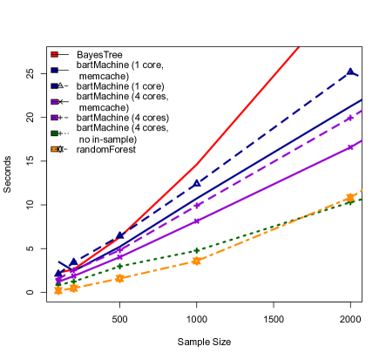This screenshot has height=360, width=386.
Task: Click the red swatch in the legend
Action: [x=54, y=54]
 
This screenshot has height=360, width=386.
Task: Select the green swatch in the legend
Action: [x=54, y=133]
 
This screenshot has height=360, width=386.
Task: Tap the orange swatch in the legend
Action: [x=54, y=149]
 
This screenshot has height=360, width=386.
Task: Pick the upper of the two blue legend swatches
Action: [x=54, y=70]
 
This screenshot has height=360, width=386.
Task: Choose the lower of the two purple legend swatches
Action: [x=54, y=118]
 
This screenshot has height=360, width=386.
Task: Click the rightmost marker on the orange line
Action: [x=350, y=198]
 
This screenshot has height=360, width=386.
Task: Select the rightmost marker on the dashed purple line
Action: [x=350, y=117]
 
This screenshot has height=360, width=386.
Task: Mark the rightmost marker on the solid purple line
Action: [x=350, y=147]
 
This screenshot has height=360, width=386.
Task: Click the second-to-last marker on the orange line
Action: [x=197, y=261]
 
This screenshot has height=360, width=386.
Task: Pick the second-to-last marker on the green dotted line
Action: [x=197, y=250]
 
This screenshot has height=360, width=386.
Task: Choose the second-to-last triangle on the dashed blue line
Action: [x=197, y=183]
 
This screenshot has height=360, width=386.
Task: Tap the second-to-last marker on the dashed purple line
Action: [x=197, y=206]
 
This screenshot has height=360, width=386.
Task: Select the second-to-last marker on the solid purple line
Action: [x=197, y=221]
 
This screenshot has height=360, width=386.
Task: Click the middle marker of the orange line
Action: [x=120, y=278]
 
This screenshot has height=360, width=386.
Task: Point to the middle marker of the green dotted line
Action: [x=120, y=267]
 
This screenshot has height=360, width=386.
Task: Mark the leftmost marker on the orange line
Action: [x=58, y=290]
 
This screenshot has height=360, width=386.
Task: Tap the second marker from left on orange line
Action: [x=74, y=287]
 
